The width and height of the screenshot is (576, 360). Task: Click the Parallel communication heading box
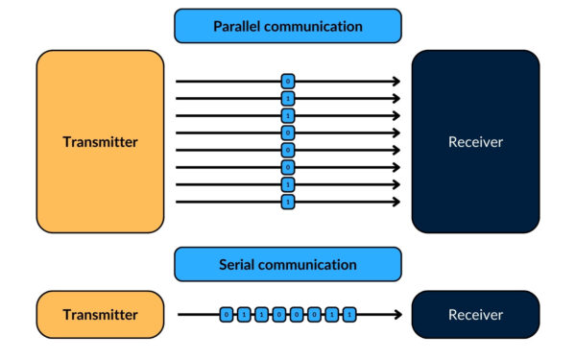[x=288, y=26]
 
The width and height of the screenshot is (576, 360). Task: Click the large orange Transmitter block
[x=100, y=141]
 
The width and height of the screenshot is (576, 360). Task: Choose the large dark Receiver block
[x=475, y=141]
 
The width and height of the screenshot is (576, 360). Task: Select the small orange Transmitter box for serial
[x=100, y=314]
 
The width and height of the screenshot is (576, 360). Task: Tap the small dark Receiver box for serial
[x=475, y=314]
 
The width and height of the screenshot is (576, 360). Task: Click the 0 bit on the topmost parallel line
[x=288, y=82]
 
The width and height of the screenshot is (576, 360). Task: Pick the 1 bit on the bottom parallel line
[x=288, y=203]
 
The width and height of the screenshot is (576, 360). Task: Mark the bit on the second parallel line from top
[x=288, y=99]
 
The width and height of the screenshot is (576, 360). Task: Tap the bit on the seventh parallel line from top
[x=288, y=185]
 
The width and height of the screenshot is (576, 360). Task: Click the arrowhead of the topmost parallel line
[x=396, y=82]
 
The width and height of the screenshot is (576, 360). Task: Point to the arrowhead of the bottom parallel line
[x=396, y=203]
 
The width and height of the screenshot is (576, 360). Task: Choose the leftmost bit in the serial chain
[x=227, y=314]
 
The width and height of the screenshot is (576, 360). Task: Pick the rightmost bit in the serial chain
[x=349, y=314]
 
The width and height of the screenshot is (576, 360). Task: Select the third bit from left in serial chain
[x=257, y=314]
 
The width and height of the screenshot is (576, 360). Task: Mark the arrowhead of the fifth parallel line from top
[x=396, y=151]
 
